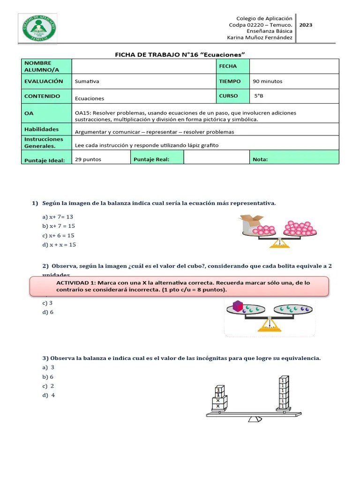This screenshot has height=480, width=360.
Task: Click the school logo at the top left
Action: (x=39, y=28)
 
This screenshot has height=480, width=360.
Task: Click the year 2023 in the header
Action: (x=306, y=25)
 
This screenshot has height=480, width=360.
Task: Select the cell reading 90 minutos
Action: (x=268, y=82)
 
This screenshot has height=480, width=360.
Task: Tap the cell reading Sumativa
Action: (x=87, y=82)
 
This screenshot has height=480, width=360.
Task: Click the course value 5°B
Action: (x=259, y=96)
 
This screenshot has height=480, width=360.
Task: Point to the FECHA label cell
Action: (x=228, y=67)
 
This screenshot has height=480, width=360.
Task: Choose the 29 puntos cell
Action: (x=88, y=159)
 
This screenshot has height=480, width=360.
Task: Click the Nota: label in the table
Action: (x=260, y=159)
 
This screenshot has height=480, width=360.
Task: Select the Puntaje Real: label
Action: (x=151, y=159)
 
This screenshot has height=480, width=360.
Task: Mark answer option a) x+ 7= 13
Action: (x=58, y=217)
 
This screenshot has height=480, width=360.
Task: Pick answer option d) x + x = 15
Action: (x=59, y=245)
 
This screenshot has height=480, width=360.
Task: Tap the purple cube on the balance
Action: (x=238, y=306)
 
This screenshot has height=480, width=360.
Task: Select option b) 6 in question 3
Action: (x=48, y=377)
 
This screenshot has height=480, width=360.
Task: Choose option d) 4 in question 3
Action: (x=48, y=395)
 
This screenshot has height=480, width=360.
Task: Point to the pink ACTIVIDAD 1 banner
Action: (x=179, y=286)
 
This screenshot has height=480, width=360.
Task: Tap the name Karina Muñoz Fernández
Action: (x=260, y=37)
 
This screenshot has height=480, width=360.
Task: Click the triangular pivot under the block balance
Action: (x=255, y=420)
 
